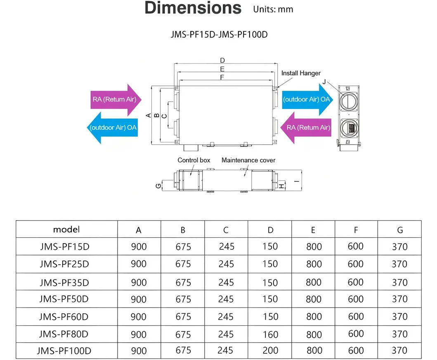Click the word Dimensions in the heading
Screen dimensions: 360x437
(x=193, y=8)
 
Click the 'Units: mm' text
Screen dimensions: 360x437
(x=273, y=9)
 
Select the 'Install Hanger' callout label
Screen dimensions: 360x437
(x=301, y=73)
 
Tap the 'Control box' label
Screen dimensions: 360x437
(x=194, y=160)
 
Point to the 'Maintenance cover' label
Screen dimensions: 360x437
(x=248, y=160)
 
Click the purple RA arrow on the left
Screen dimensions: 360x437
(x=116, y=99)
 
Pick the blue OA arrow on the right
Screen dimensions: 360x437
(x=307, y=99)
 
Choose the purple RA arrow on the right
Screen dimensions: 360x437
(x=306, y=128)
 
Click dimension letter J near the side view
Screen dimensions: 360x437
(x=325, y=82)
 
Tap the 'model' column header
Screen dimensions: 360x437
(x=66, y=230)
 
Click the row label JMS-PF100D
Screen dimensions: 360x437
(x=64, y=351)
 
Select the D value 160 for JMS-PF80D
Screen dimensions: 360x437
(x=270, y=334)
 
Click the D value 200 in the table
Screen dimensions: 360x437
(x=270, y=351)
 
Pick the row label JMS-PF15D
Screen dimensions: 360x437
(x=64, y=247)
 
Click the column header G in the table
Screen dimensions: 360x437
(x=399, y=230)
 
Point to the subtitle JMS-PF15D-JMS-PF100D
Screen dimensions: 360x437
(x=219, y=34)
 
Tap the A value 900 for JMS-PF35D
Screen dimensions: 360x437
(x=139, y=282)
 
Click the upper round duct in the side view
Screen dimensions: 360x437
(x=349, y=100)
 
